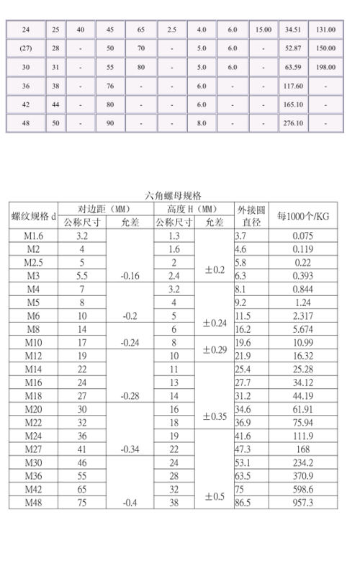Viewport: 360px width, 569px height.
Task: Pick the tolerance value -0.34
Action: [x=130, y=450]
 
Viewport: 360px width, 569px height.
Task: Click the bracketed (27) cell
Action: [x=26, y=48]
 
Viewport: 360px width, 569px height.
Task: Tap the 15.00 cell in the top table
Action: [x=263, y=30]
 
